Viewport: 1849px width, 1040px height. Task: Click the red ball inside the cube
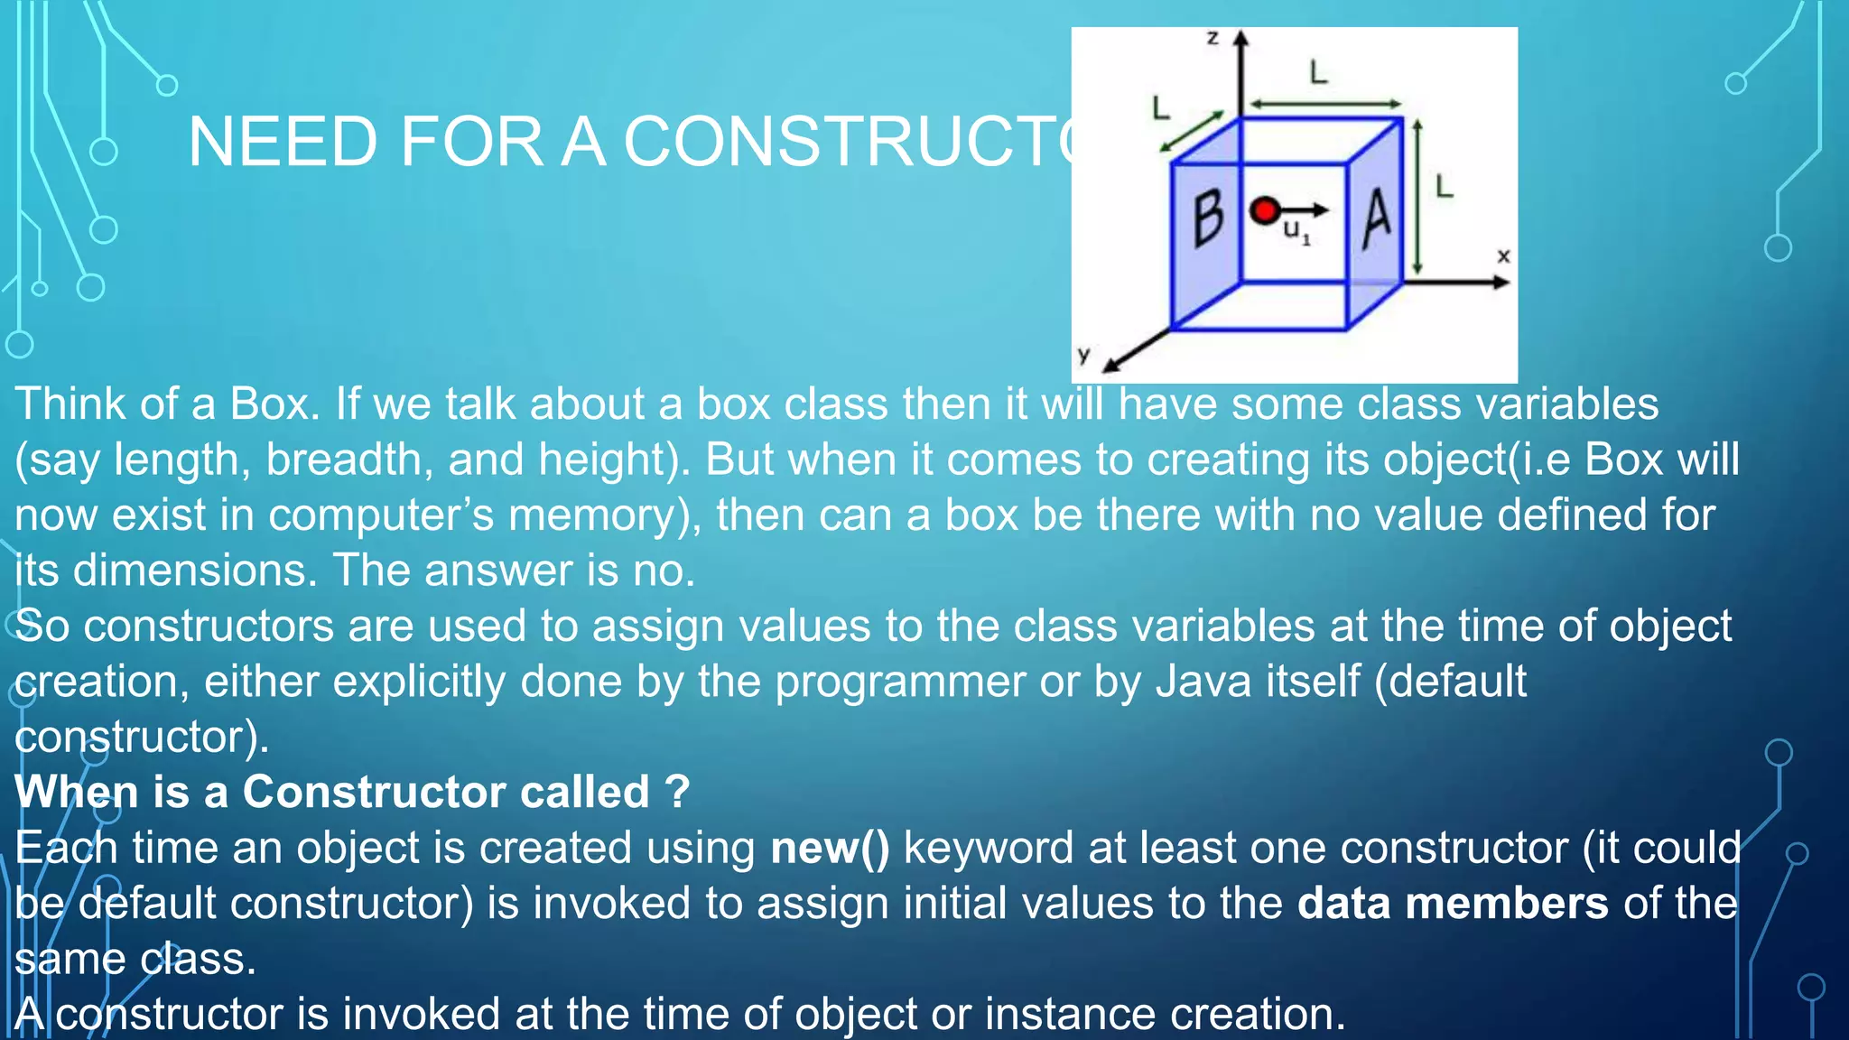[1265, 210]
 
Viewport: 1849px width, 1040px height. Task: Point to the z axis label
[1213, 38]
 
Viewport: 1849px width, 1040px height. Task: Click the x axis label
[1503, 256]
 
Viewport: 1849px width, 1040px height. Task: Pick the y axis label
[1084, 354]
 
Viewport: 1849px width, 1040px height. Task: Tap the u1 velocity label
[1296, 232]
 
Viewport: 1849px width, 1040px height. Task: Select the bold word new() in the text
[830, 849]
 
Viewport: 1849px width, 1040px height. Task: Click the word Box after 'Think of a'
[270, 404]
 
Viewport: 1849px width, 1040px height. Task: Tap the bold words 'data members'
[1453, 904]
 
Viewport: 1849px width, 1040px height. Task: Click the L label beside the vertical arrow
[1445, 187]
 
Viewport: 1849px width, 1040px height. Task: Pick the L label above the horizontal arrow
[1319, 72]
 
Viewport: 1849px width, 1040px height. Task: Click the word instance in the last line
[1070, 1014]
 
